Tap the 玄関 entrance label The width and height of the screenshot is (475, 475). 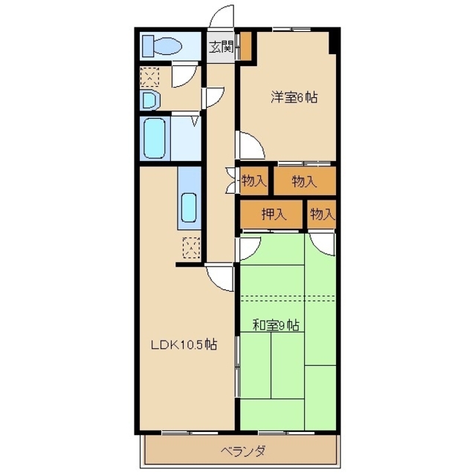tap(221, 47)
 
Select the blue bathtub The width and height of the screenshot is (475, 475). tap(157, 139)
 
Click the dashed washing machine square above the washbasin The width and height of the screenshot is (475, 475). tap(150, 77)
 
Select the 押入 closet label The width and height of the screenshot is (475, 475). tap(273, 215)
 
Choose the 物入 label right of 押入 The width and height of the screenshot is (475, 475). tap(322, 215)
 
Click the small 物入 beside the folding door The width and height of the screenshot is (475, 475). tap(254, 180)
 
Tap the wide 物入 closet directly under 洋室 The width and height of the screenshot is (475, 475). tap(304, 180)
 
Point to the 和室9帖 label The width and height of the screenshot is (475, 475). tap(276, 324)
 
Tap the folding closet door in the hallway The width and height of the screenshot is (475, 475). tap(231, 180)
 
